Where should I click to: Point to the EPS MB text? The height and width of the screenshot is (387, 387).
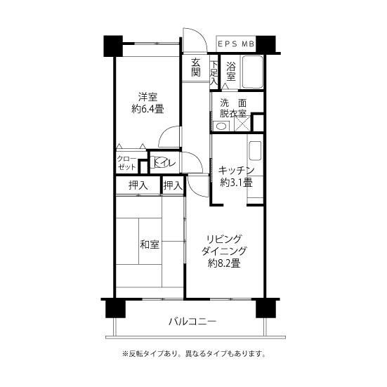coord(235,44)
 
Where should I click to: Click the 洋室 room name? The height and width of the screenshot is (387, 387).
coord(147,97)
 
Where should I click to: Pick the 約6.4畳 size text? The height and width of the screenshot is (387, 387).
coord(147,109)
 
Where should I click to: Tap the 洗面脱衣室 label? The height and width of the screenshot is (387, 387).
coord(232,107)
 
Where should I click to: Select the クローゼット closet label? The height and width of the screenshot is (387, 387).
coord(126,163)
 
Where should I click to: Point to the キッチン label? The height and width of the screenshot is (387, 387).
coord(235,170)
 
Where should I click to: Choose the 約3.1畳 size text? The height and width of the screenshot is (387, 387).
coord(235,183)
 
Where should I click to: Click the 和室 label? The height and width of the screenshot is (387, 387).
coord(149,244)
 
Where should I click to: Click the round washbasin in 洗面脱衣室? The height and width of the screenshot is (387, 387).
coord(221,126)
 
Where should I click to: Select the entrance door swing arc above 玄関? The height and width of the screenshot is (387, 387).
coord(193,41)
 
